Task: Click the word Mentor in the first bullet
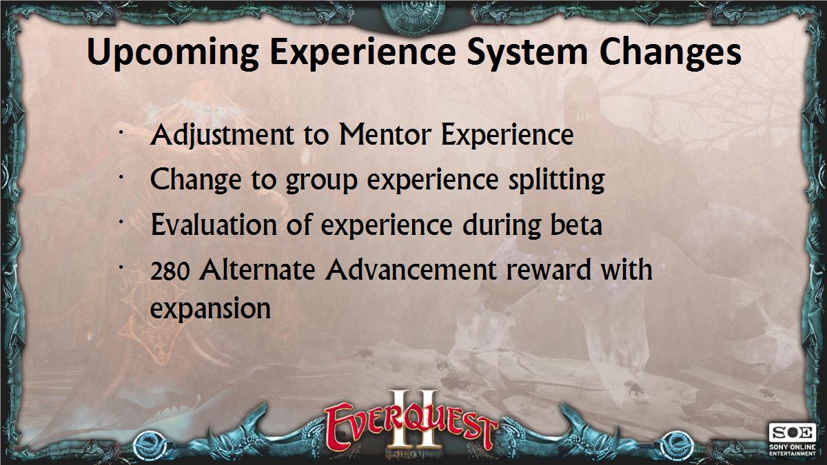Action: pyautogui.click(x=385, y=135)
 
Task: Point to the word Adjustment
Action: pyautogui.click(x=222, y=136)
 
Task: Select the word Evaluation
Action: pyautogui.click(x=214, y=225)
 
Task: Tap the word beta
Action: pyautogui.click(x=576, y=225)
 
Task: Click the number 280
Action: pyautogui.click(x=170, y=271)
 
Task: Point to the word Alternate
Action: pyautogui.click(x=257, y=269)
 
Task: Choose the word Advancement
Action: pyautogui.click(x=411, y=269)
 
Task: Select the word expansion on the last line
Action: pyautogui.click(x=210, y=309)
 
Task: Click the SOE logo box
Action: pyautogui.click(x=793, y=433)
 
